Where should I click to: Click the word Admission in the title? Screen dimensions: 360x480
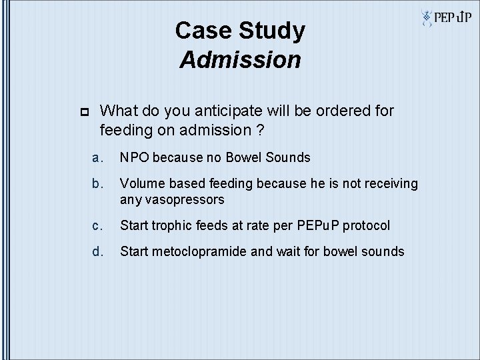pyautogui.click(x=240, y=60)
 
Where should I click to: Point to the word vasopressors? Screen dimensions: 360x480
pyautogui.click(x=187, y=199)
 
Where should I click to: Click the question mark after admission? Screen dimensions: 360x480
pyautogui.click(x=258, y=130)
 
